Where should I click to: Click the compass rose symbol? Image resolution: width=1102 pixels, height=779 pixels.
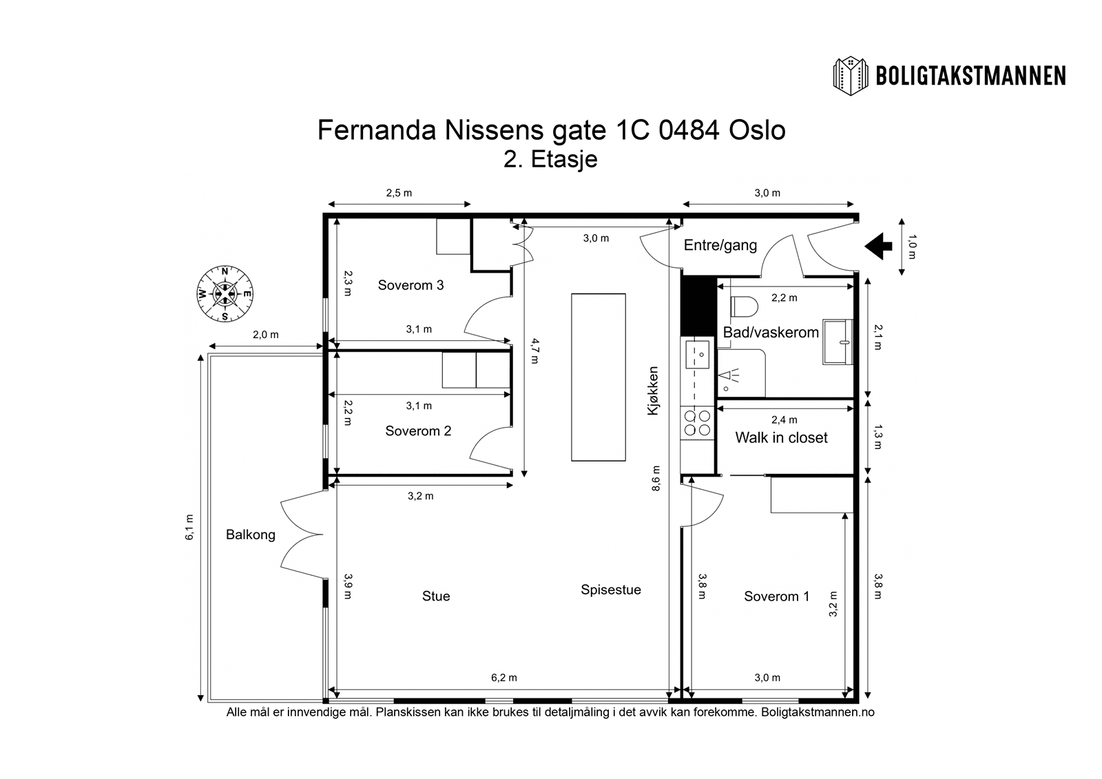tap(225, 294)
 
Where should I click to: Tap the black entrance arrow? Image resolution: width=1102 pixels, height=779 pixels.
tap(878, 246)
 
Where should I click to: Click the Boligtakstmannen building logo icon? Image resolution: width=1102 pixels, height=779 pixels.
tap(852, 75)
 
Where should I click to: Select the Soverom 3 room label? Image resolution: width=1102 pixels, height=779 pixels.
tap(410, 285)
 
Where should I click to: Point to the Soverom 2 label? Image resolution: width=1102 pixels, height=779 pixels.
tap(418, 431)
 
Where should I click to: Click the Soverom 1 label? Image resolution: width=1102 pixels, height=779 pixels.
tap(776, 596)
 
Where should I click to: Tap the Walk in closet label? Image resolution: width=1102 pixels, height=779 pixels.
tap(781, 438)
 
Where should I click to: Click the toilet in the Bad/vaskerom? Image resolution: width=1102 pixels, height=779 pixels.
tap(744, 304)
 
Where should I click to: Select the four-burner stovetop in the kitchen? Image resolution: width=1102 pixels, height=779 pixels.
tap(697, 423)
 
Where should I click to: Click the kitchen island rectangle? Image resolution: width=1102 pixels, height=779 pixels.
tap(598, 377)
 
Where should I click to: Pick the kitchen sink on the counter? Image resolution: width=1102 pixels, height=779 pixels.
tap(696, 355)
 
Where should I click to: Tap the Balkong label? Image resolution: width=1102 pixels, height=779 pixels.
tap(251, 535)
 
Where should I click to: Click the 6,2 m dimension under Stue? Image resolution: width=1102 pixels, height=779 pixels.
tap(503, 678)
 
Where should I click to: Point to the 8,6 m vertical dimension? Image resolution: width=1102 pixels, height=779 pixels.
tap(656, 477)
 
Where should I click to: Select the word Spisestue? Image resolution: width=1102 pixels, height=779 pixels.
tap(610, 590)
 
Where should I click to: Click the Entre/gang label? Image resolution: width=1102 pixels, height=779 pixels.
tap(720, 245)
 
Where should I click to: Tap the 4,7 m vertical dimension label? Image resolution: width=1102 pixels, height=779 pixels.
tap(534, 351)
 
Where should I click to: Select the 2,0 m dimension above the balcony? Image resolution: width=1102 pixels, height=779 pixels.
tap(265, 335)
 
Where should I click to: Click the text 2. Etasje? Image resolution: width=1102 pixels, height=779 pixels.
tap(550, 160)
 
